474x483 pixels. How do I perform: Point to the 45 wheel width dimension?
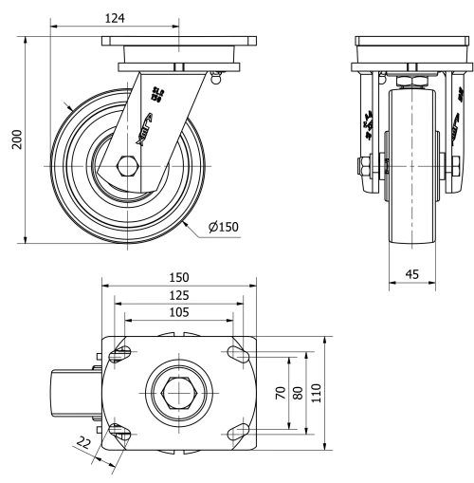411,274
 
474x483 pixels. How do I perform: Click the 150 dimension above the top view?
178,277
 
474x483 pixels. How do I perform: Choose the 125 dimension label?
178,295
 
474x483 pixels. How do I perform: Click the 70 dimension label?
281,392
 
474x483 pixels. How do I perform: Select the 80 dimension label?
298,392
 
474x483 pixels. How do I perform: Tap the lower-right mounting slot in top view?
236,432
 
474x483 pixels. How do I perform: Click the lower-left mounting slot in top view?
121,432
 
